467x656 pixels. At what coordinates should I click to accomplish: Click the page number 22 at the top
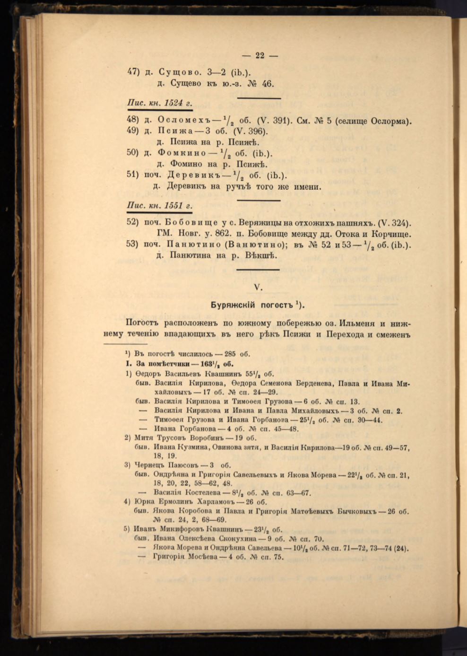pyautogui.click(x=259, y=55)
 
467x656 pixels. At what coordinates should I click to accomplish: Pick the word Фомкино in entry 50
pyautogui.click(x=182, y=153)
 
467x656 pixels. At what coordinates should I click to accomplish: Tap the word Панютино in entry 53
pyautogui.click(x=192, y=245)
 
